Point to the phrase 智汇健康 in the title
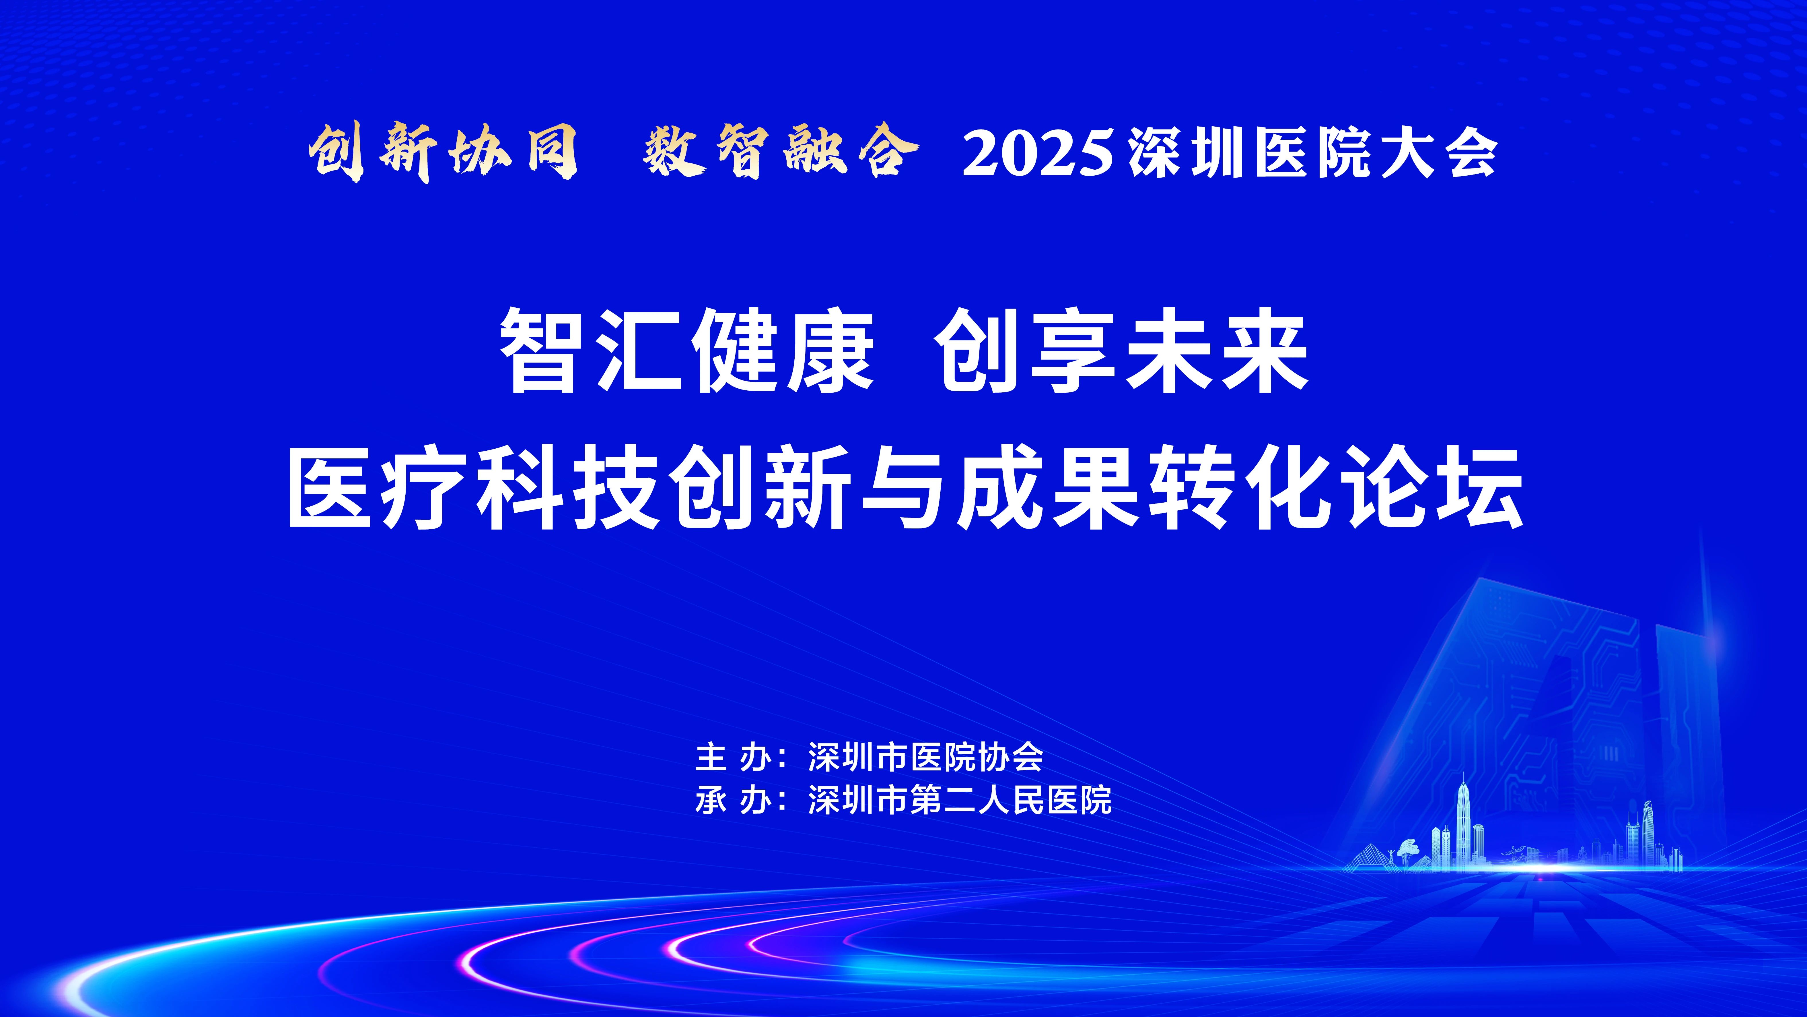coord(687,351)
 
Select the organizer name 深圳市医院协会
coord(926,757)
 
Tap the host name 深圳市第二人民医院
coord(960,800)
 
